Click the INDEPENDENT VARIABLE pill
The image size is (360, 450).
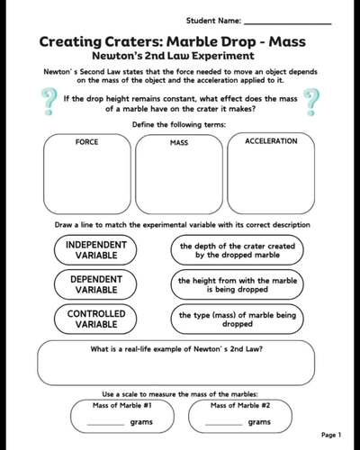pyautogui.click(x=96, y=249)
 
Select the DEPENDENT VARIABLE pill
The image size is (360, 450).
pyautogui.click(x=96, y=285)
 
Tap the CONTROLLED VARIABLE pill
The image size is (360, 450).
pyautogui.click(x=96, y=319)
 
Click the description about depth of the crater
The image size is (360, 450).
pyautogui.click(x=237, y=249)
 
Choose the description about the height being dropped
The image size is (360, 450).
pyautogui.click(x=237, y=285)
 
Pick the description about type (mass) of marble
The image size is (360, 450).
pyautogui.click(x=237, y=320)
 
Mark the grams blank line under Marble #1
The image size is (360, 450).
pyautogui.click(x=105, y=423)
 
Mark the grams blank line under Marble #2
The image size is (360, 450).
pyautogui.click(x=224, y=423)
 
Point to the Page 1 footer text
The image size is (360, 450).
pyautogui.click(x=329, y=436)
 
